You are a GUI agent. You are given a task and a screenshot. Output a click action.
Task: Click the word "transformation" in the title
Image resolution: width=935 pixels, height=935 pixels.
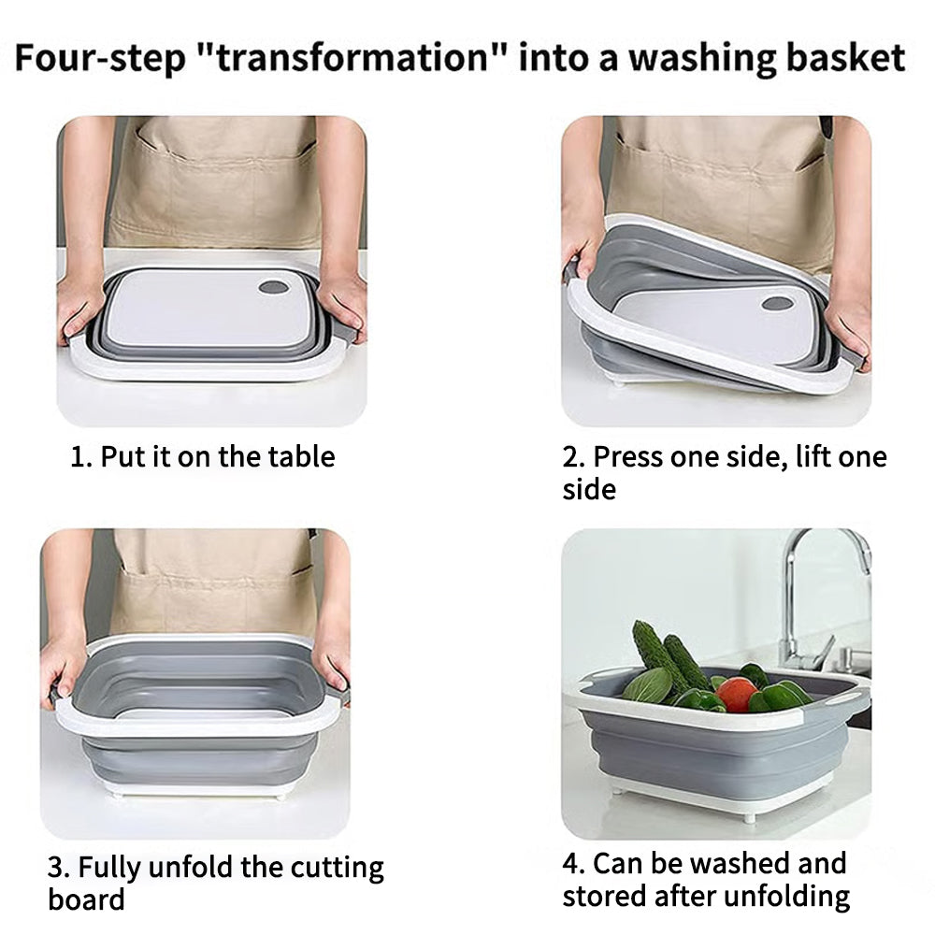tap(352, 58)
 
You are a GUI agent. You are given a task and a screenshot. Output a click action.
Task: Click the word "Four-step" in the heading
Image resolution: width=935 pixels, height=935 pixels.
tap(100, 59)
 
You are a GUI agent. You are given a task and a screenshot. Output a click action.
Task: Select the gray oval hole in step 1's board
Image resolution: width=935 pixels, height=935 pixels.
tap(274, 287)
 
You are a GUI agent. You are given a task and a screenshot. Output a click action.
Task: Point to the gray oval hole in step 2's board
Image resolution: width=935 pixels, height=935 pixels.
tap(778, 303)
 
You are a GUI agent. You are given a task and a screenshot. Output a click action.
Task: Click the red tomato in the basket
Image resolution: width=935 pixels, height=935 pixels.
tap(738, 694)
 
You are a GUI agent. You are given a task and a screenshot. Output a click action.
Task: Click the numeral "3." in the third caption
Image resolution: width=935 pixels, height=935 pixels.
tap(59, 867)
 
